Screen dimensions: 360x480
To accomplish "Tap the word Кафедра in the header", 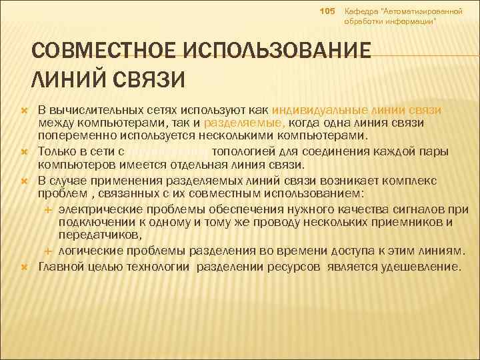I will [x=359, y=12].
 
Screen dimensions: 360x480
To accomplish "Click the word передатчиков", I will [x=99, y=235].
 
